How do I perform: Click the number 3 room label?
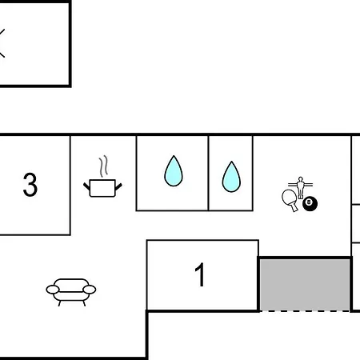(x=30, y=185)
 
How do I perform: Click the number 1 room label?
(x=200, y=274)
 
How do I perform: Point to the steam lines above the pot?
(x=103, y=166)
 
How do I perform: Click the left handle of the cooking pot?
(x=86, y=186)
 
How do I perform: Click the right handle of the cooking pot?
(x=118, y=186)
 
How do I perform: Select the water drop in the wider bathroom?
(x=174, y=171)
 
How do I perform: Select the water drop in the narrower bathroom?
(x=231, y=177)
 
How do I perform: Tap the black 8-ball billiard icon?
(x=310, y=204)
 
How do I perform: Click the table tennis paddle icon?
(x=290, y=199)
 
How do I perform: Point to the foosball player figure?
(x=301, y=188)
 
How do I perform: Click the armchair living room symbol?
(x=71, y=292)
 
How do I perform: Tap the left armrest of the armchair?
(x=53, y=290)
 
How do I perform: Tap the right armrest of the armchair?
(x=90, y=290)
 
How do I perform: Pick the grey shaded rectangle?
(x=305, y=285)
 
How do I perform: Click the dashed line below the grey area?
(x=305, y=311)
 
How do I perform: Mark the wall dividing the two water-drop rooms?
(x=208, y=174)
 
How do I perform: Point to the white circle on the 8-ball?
(x=309, y=202)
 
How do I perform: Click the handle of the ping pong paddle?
(x=294, y=207)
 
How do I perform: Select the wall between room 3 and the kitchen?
(x=70, y=186)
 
